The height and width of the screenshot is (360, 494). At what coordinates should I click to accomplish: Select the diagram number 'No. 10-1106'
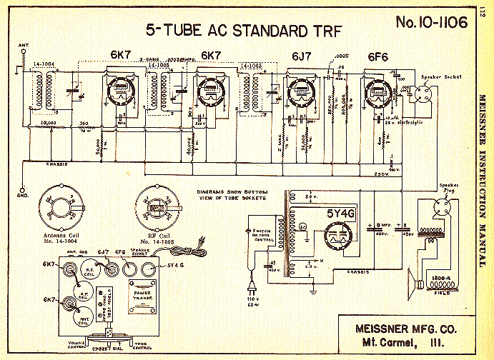tap(431, 22)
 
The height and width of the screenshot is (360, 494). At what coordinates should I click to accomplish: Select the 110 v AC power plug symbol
tap(252, 288)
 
